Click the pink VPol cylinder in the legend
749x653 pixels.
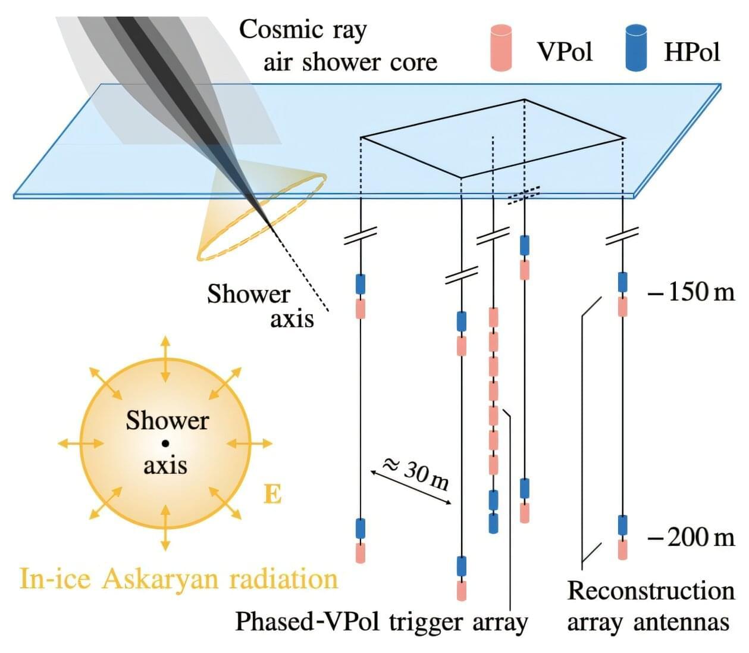502,48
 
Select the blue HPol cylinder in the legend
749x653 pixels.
636,48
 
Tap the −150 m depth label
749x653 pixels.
691,292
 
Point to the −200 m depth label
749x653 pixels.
691,538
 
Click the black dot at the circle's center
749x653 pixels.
165,443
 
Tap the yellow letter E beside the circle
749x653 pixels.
272,494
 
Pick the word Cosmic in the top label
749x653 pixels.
274,30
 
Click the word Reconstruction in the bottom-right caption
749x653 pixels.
651,591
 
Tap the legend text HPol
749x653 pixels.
692,52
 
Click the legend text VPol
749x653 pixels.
565,52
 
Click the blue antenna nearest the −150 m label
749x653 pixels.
622,282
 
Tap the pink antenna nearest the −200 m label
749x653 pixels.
622,549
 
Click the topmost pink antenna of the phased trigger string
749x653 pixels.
493,317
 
